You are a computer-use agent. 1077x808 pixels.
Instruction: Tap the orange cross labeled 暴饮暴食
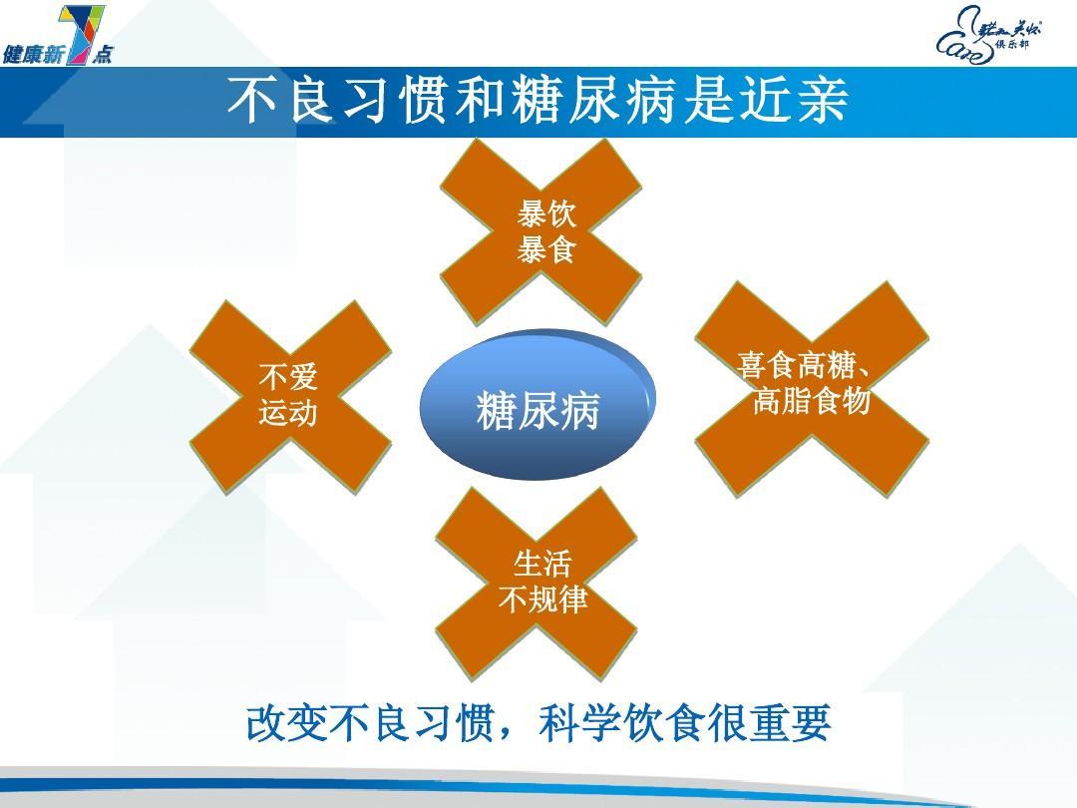pyautogui.click(x=541, y=232)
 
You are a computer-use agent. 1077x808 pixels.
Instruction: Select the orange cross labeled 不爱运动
pyautogui.click(x=289, y=395)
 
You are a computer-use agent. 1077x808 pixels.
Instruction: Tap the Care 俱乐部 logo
pyautogui.click(x=988, y=36)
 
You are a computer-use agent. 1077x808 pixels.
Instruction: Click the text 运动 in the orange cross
pyautogui.click(x=288, y=412)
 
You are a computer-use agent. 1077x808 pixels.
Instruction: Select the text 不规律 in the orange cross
pyautogui.click(x=542, y=601)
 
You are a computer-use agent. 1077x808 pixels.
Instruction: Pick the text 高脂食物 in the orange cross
pyautogui.click(x=812, y=402)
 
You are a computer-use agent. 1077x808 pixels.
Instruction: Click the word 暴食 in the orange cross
pyautogui.click(x=546, y=249)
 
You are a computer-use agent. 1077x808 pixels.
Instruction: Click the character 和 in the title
pyautogui.click(x=476, y=102)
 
